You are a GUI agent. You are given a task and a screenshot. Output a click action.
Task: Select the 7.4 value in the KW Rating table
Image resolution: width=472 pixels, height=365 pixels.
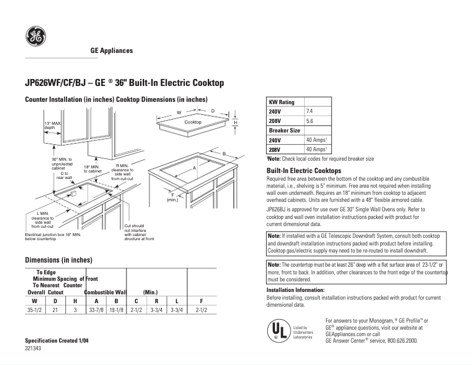coord(310,111)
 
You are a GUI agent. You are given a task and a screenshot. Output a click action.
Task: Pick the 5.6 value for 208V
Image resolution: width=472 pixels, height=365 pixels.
coord(310,121)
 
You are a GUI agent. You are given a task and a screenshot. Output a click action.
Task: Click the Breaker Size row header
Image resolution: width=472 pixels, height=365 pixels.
coord(284,130)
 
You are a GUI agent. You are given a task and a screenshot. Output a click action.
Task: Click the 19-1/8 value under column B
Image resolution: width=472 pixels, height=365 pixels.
coord(117,310)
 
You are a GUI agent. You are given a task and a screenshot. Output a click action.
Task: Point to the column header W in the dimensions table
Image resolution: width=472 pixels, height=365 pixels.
coord(34,301)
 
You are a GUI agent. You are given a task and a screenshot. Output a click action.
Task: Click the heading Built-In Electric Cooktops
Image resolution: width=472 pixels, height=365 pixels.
coord(304,170)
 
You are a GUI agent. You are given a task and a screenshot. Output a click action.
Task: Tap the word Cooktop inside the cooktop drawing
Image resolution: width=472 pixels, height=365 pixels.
coord(193,122)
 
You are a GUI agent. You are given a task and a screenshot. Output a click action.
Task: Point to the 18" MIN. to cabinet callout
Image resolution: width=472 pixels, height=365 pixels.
coord(92,168)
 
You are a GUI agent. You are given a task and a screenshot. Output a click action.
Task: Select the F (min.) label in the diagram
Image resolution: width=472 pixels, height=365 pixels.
coord(173,197)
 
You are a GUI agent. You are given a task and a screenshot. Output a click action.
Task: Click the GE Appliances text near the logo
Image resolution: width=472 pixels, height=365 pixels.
coord(111,51)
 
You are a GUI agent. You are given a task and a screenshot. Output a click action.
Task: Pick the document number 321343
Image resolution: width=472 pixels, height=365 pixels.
coord(34,349)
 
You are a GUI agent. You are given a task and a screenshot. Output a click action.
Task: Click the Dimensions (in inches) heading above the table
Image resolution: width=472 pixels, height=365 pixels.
coord(58,260)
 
